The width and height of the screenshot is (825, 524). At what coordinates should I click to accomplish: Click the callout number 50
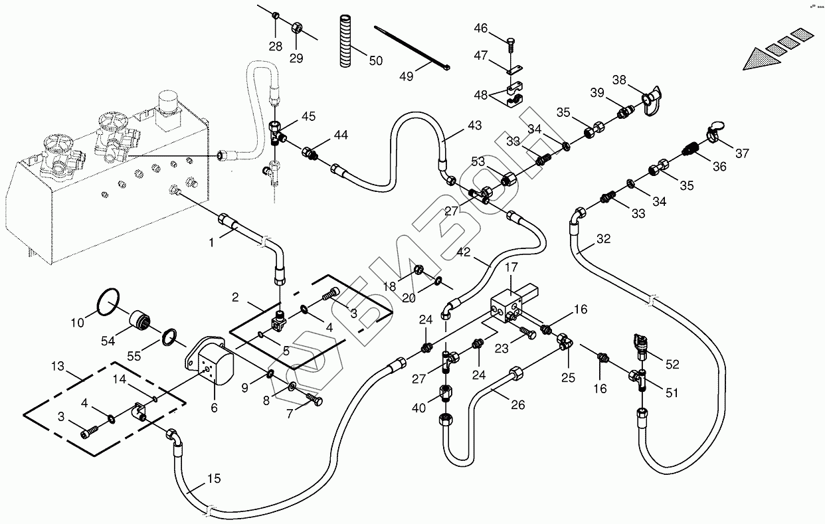pos(375,60)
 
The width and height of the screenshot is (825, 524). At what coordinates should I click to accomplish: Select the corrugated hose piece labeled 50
pos(345,40)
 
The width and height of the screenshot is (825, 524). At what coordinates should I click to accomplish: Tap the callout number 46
pos(480,29)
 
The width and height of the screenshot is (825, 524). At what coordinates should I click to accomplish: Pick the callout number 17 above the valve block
pos(511,268)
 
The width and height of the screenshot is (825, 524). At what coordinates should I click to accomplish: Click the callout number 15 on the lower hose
pos(214,480)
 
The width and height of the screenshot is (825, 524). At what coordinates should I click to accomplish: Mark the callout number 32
pos(603,238)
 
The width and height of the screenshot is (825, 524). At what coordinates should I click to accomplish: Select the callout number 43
pos(474,126)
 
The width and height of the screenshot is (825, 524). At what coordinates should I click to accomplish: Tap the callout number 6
pos(214,408)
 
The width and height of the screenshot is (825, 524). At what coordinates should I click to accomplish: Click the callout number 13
pos(58,366)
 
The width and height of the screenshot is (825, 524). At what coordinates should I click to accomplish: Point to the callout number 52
pos(672,364)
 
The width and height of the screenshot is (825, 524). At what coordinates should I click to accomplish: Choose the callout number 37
pos(741,153)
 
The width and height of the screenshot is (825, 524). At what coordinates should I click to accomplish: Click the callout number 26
pos(517,404)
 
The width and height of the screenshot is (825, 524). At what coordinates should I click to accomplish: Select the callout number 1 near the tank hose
pos(211,243)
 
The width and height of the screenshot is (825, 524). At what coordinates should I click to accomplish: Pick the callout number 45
pos(308,117)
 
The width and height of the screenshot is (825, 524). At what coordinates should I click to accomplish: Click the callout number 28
pos(275,46)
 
